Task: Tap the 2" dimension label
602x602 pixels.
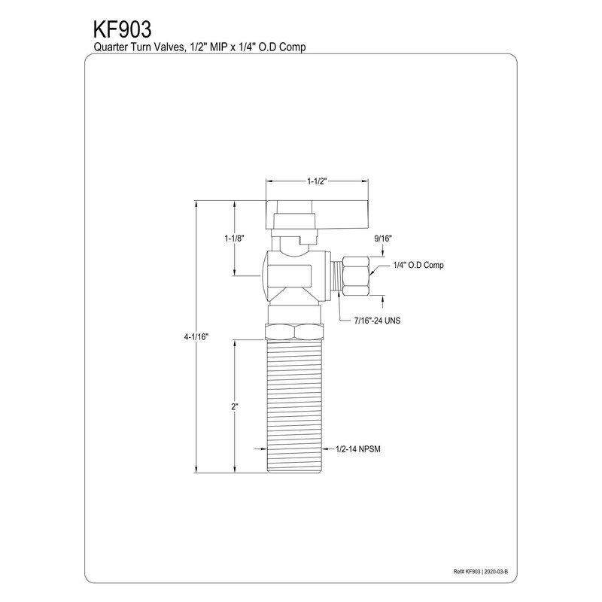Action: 235,406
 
